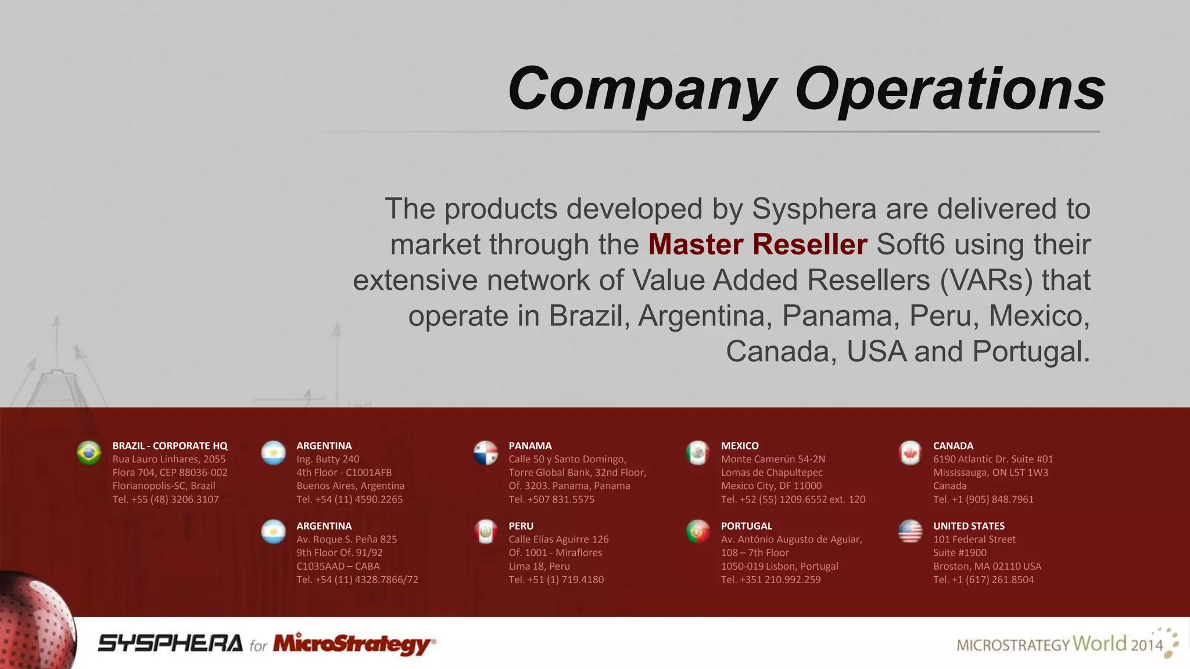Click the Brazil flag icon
click(89, 453)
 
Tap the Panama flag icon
click(486, 453)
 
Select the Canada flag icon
click(910, 453)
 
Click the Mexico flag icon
click(698, 453)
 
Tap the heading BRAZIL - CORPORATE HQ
click(170, 445)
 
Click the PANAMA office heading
click(530, 445)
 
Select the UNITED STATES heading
click(969, 526)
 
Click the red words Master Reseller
click(758, 244)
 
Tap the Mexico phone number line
click(793, 499)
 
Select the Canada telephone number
click(983, 499)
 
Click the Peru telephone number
click(556, 580)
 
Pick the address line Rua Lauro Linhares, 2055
click(169, 459)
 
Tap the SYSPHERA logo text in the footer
click(170, 643)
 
